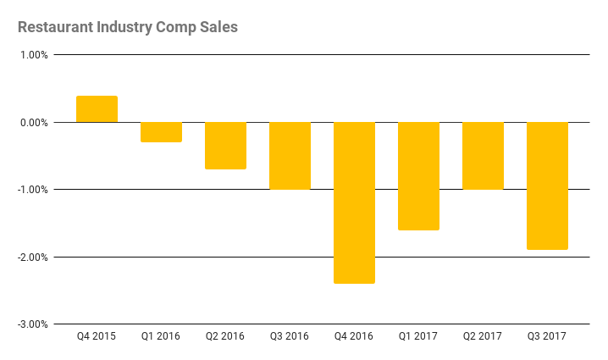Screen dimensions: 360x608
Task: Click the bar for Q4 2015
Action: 97,109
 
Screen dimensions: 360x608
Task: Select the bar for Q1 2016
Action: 161,132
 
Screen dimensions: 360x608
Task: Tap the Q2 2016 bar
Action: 225,146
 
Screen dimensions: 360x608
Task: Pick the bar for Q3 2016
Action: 290,156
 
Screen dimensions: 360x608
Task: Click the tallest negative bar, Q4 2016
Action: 354,202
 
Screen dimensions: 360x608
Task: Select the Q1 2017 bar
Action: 418,176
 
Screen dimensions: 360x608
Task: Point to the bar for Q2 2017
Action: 483,156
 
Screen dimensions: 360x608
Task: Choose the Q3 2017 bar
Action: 547,186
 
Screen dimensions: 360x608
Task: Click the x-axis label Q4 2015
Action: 97,336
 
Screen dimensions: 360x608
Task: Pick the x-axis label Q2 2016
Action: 225,336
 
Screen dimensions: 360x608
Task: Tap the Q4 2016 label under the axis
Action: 354,336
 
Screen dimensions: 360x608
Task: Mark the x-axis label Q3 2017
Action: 547,336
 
